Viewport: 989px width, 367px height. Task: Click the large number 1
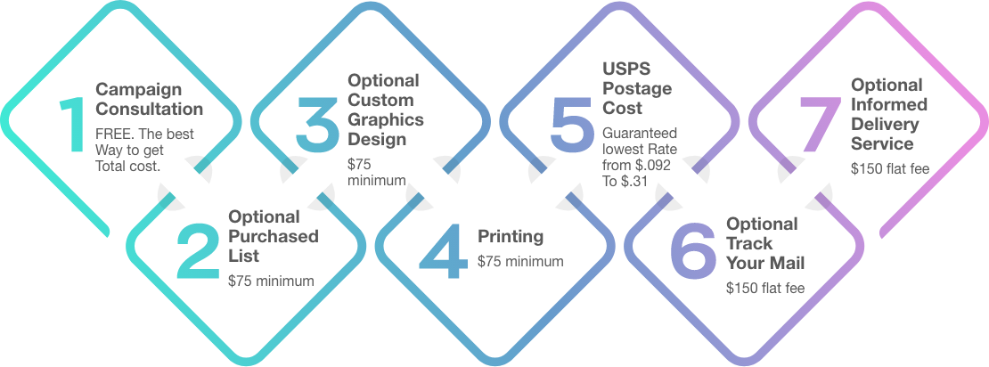(72, 124)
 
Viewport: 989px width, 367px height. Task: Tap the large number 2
(198, 251)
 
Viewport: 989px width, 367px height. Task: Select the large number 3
(318, 124)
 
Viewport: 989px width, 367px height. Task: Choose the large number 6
(692, 251)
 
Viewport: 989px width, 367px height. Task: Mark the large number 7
(820, 125)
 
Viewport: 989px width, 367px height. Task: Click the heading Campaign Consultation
(149, 99)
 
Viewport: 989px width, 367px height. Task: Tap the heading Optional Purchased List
(274, 236)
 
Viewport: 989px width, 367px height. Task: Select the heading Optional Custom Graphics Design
(386, 110)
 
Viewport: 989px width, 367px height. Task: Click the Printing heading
(511, 237)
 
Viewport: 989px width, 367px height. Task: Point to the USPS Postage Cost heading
(637, 89)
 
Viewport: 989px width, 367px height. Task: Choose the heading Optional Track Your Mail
(765, 243)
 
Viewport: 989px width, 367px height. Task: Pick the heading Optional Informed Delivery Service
(888, 114)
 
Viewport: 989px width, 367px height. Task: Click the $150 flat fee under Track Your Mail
(765, 289)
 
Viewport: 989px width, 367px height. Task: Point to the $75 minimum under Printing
(520, 260)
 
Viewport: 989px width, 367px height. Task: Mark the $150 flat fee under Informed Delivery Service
(890, 168)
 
